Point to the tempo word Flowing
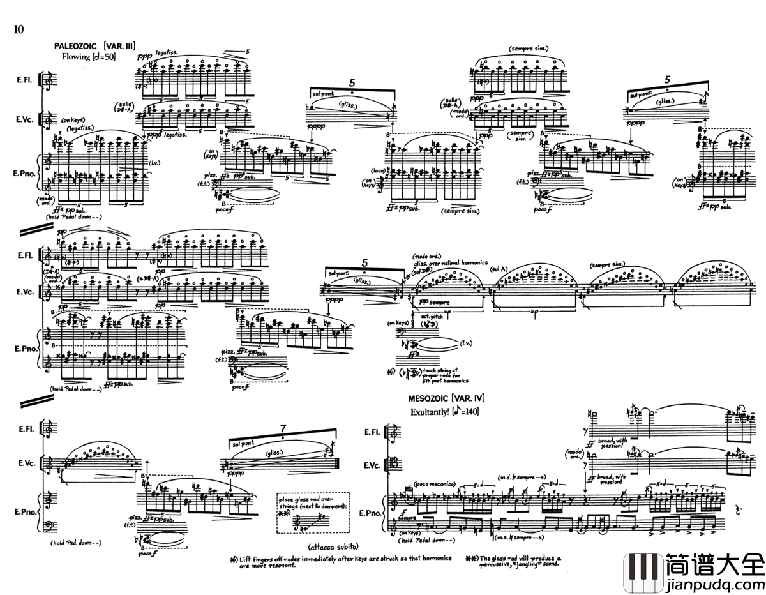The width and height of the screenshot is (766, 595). pyautogui.click(x=76, y=57)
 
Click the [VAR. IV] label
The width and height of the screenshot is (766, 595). pyautogui.click(x=468, y=398)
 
